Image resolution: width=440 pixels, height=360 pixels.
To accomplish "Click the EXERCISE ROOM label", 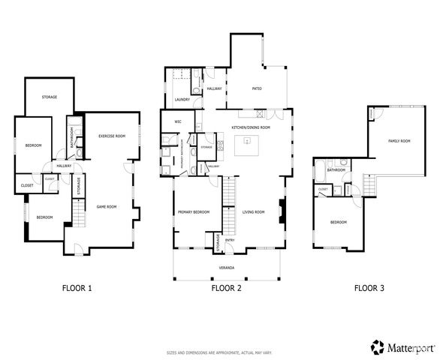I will point(111,136).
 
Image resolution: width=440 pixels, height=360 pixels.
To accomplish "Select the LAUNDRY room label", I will point(180,99).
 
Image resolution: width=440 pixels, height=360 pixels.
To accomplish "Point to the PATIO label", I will point(255,89).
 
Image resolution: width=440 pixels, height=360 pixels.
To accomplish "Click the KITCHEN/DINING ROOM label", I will point(251,128).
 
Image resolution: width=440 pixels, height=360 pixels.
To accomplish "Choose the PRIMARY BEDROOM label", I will point(193,212).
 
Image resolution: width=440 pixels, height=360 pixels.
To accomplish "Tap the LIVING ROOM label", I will point(254,212).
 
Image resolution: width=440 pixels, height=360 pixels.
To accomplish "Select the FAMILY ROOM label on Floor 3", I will point(399,141).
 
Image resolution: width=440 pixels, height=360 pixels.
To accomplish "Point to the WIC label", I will point(178,121).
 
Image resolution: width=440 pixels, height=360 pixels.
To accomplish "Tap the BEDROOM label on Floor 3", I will point(339,222).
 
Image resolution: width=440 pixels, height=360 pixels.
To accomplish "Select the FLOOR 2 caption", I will point(226,287).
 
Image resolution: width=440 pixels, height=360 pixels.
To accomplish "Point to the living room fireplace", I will point(282,211).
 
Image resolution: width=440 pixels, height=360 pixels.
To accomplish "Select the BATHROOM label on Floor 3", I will point(336,169).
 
